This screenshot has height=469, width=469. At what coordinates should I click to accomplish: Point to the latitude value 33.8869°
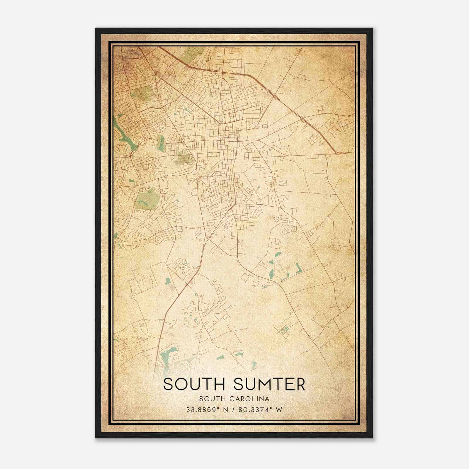tap(203, 409)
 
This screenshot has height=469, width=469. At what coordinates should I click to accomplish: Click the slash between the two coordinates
tap(233, 409)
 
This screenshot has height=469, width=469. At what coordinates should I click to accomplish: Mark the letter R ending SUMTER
tap(300, 384)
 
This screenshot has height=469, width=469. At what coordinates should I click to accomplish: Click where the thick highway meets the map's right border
tap(353, 153)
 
